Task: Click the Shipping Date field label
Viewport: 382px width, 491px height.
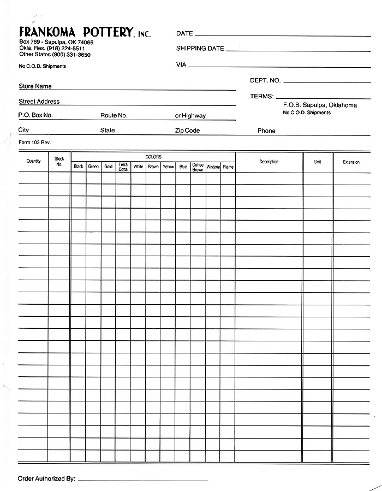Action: pos(200,49)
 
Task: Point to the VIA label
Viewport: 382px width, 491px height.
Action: pos(181,64)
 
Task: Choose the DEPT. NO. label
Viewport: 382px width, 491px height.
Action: pos(265,80)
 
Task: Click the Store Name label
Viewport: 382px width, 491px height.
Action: pos(35,86)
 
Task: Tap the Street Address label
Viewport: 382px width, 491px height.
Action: pos(39,102)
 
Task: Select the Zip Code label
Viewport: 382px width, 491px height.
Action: pos(187,131)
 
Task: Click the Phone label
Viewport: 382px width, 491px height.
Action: pos(266,131)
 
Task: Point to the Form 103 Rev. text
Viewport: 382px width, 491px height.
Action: pos(34,142)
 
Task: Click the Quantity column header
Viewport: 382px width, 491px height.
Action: pos(33,161)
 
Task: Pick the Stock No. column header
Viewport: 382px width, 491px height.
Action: pos(59,162)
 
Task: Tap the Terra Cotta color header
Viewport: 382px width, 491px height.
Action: pos(123,167)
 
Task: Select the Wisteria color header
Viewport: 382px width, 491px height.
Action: pos(213,167)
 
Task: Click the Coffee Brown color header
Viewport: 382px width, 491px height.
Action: pos(198,167)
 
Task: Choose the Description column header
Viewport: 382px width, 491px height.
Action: pos(268,162)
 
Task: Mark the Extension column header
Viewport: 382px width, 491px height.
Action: pos(351,162)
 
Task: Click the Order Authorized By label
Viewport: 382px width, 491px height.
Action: pos(46,478)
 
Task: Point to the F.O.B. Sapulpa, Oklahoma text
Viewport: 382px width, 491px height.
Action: pos(320,105)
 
